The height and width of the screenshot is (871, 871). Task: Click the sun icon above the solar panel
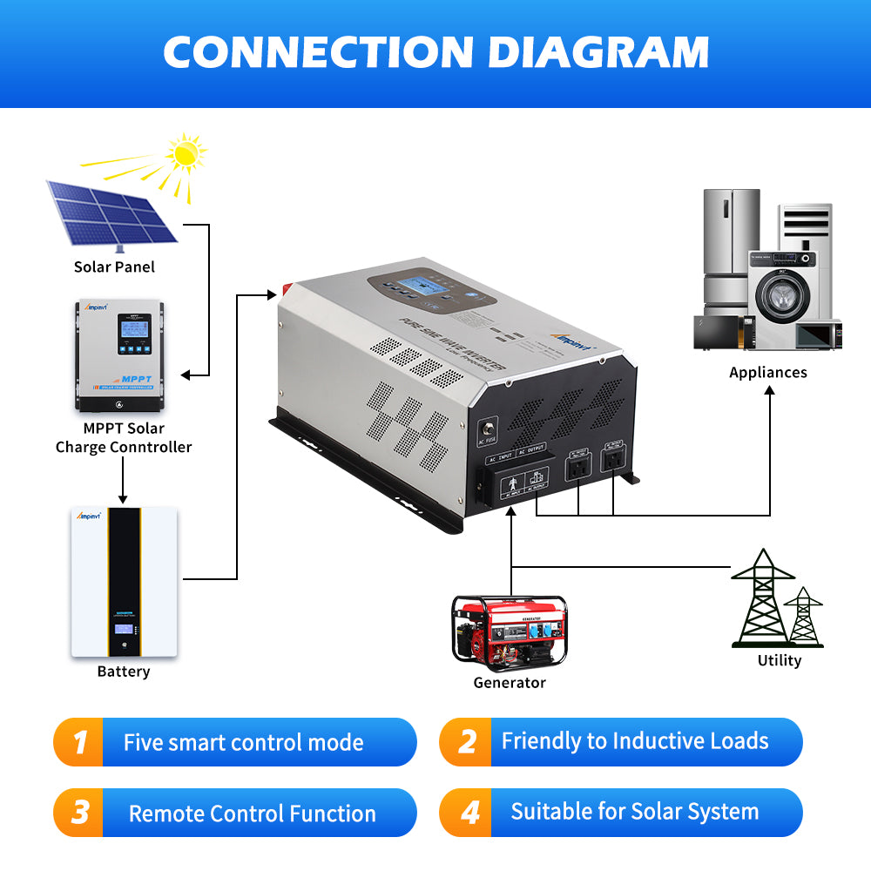[x=185, y=154]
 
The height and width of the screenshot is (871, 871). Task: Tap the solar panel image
[x=111, y=212]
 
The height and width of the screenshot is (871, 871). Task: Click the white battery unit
[x=124, y=582]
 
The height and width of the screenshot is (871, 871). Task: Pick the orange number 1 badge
[x=80, y=742]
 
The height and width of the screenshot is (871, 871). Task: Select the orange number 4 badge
[x=470, y=813]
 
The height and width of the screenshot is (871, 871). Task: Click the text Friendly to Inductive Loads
[x=635, y=741]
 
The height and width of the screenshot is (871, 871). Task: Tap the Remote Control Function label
[x=252, y=814]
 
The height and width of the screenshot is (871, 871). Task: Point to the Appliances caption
[x=767, y=372]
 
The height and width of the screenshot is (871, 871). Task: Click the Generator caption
[x=509, y=683]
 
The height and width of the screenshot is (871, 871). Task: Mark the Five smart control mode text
[x=243, y=742]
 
